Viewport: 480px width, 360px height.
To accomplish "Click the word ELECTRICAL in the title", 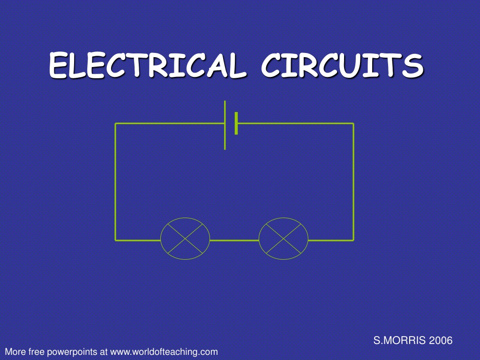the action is pyautogui.click(x=147, y=65).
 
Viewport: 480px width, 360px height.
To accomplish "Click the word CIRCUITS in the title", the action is pyautogui.click(x=342, y=65).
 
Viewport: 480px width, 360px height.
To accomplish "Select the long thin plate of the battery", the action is pyautogui.click(x=225, y=125).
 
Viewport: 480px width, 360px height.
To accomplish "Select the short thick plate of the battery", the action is pyautogui.click(x=236, y=123).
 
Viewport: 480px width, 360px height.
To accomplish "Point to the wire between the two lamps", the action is pyautogui.click(x=234, y=240).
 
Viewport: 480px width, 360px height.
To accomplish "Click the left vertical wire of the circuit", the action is pyautogui.click(x=115, y=182).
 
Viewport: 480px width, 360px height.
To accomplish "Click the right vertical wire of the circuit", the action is pyautogui.click(x=353, y=182).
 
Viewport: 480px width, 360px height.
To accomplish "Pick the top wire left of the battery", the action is pyautogui.click(x=170, y=124).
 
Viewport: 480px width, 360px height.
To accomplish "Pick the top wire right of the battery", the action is pyautogui.click(x=296, y=124).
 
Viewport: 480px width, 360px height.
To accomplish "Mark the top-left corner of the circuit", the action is pyautogui.click(x=115, y=124).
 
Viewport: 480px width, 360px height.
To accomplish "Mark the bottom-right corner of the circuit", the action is pyautogui.click(x=353, y=240).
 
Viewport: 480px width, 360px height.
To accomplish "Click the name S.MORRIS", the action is pyautogui.click(x=399, y=340).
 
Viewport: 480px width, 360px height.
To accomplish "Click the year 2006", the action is pyautogui.click(x=441, y=340).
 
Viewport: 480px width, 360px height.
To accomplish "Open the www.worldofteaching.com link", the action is pyautogui.click(x=164, y=352).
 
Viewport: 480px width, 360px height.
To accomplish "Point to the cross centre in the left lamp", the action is pyautogui.click(x=185, y=239).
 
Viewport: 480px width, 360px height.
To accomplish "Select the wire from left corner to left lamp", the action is pyautogui.click(x=138, y=240).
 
